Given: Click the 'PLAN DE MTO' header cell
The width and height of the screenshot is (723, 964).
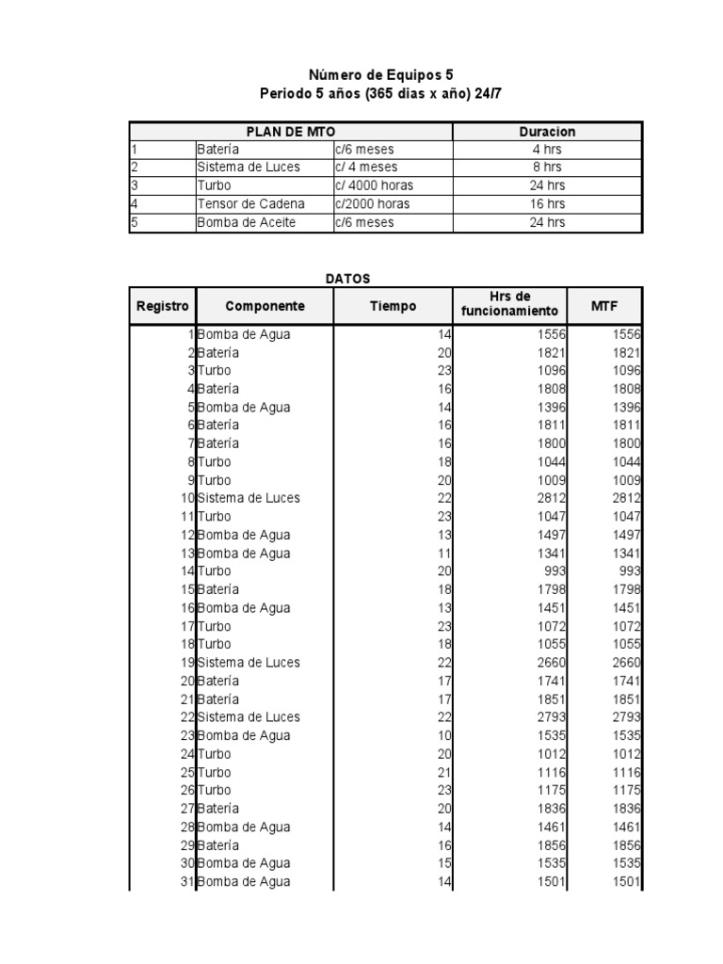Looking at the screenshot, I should coord(290,132).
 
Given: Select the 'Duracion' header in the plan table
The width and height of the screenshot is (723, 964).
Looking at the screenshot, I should coord(547,132).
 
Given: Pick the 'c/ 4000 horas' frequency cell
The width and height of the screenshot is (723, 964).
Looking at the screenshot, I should coord(373,185).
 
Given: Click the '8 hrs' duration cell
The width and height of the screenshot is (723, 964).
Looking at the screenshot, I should coord(547,167).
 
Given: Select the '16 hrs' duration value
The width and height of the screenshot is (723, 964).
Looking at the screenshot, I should coord(547,204).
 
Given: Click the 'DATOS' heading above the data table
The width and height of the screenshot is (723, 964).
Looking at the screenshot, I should coord(348,279).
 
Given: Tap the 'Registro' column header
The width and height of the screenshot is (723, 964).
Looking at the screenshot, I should coord(162,306).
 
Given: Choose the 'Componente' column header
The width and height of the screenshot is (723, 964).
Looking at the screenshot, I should coord(265,306).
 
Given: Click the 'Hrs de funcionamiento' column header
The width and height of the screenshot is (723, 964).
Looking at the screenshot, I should coord(509,303).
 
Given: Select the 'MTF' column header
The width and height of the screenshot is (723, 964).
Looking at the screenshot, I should coord(603,306).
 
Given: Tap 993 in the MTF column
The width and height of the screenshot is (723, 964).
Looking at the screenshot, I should coord(630,571).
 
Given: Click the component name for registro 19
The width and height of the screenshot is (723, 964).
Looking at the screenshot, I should coord(249,663).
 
